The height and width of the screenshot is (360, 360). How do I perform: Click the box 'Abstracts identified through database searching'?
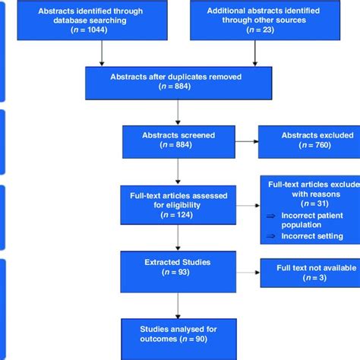coord(102,21)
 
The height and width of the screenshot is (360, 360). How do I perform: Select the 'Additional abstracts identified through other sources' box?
coord(253,21)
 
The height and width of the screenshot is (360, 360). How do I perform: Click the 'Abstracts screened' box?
coord(177,141)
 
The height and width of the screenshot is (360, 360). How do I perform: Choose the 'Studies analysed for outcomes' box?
coord(177,333)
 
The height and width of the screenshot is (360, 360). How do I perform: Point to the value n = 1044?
coord(102,30)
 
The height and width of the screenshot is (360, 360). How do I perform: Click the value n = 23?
coord(253,30)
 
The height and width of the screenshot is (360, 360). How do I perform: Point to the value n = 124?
coord(177,215)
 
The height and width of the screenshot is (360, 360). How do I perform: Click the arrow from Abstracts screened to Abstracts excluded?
coord(245,141)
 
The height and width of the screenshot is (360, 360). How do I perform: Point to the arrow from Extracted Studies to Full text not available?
coord(245,272)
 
